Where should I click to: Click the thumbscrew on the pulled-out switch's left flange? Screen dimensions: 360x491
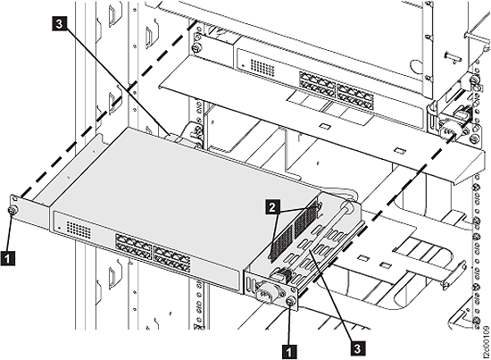pyautogui.click(x=14, y=211)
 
